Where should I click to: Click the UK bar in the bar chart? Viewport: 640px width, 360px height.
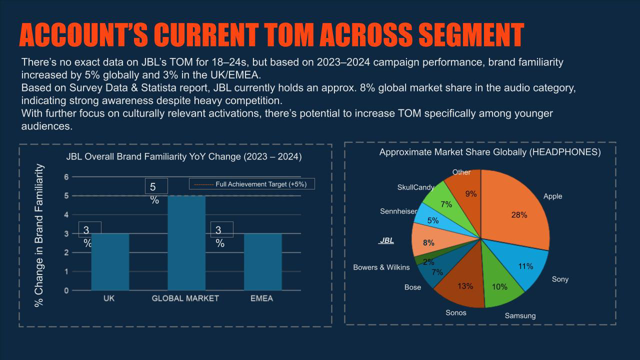coord(110,262)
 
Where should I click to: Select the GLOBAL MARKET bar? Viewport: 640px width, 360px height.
coord(186,243)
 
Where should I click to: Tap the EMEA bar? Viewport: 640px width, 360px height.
coord(263,262)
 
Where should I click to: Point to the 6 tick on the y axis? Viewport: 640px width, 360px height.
coord(66,177)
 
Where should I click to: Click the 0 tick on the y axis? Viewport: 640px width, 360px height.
coord(66,290)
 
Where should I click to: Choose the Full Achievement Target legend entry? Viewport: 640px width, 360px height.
coord(251,184)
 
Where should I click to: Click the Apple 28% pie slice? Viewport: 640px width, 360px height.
coord(517,211)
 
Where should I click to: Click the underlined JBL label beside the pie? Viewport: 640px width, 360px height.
coord(386,240)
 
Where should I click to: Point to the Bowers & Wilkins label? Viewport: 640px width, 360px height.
coord(381,267)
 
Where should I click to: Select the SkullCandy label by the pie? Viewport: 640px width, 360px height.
coord(415,187)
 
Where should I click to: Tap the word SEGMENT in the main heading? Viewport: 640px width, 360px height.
coord(471,34)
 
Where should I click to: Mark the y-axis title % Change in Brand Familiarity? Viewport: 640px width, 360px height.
coord(39,235)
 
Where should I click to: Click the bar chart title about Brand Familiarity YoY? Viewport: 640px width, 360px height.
coord(184,156)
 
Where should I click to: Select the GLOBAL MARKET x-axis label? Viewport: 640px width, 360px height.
coord(185,298)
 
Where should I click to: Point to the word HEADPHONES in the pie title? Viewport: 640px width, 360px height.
coord(565,152)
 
